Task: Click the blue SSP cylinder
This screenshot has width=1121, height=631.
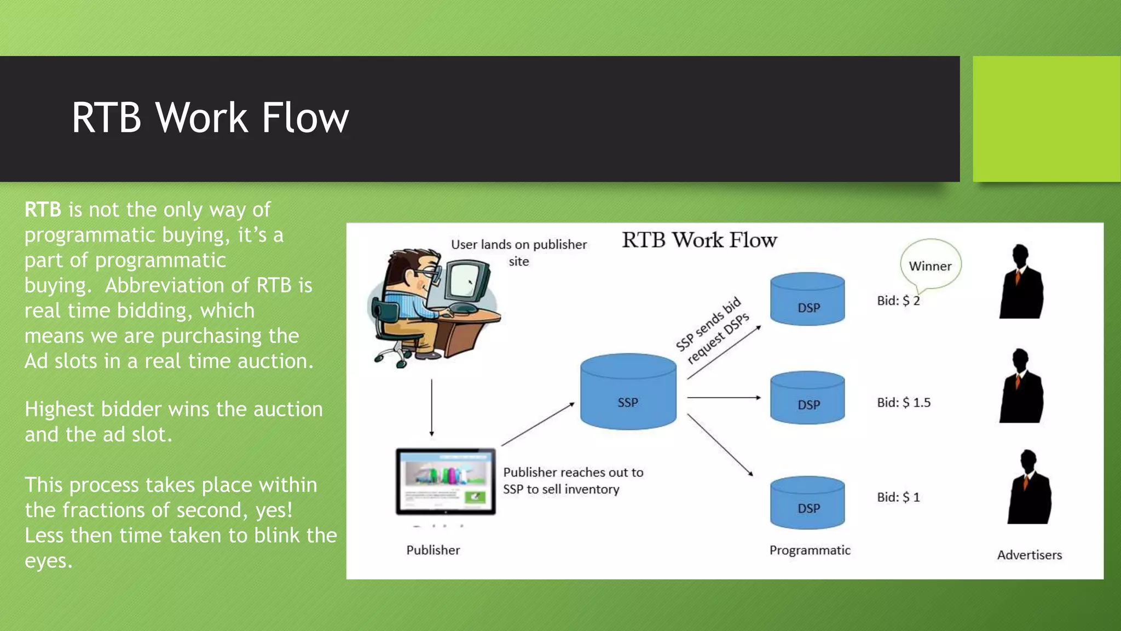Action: point(628,391)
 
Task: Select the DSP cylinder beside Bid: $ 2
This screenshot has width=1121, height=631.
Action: point(807,299)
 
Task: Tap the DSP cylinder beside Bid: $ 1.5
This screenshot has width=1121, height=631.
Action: point(807,398)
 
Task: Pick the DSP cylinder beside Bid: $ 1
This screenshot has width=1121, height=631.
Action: point(807,502)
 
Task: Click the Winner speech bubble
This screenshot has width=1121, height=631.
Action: point(930,266)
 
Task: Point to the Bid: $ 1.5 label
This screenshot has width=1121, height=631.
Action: point(904,403)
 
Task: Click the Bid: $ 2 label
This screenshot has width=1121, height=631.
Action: point(898,301)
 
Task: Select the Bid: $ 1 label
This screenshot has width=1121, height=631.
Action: point(898,497)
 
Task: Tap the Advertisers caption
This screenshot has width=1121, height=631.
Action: point(1029,555)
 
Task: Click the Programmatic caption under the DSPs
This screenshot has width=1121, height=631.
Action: point(810,550)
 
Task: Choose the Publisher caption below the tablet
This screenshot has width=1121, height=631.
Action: point(433,550)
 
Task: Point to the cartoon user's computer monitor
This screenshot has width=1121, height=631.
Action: point(466,280)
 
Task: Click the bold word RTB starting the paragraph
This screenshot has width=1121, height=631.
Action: point(43,210)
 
